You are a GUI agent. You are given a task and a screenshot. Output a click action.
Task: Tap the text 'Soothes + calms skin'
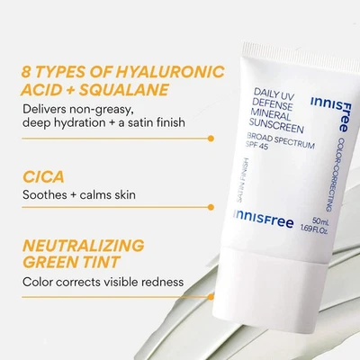coord(81,194)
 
